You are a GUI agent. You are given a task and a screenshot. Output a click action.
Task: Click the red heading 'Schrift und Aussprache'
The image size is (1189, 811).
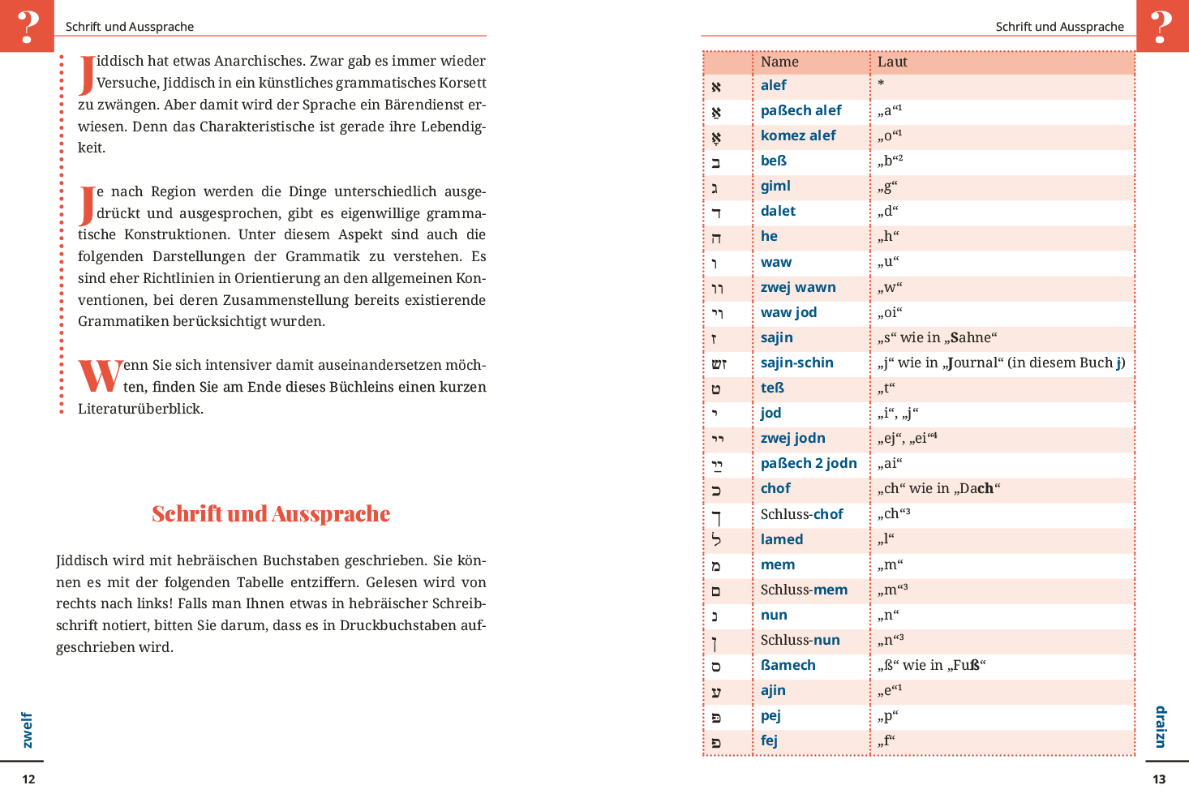point(271,514)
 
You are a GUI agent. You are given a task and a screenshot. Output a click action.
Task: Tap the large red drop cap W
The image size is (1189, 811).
point(100,376)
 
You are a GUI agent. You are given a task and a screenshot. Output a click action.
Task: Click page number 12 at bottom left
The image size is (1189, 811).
point(28,779)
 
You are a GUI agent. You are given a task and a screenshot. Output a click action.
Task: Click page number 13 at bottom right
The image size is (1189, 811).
point(1159,779)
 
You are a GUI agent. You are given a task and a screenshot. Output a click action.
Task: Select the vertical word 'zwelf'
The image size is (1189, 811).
point(28,730)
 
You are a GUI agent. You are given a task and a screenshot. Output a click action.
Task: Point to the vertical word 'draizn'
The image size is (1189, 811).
point(1161,727)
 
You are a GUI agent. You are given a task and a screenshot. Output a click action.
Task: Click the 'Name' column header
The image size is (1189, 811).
point(779,62)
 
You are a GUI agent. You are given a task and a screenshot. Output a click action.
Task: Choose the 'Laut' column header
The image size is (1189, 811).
point(892,62)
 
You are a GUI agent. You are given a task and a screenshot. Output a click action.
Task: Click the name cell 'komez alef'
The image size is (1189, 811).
point(798,135)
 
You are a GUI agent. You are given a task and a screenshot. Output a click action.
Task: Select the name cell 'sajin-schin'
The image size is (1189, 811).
point(796,363)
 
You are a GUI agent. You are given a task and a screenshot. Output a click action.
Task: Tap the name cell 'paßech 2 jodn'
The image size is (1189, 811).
point(809,463)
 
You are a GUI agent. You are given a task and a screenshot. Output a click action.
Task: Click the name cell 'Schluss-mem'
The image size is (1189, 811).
point(804,590)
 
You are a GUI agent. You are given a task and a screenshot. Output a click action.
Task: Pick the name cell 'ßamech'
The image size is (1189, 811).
point(788,665)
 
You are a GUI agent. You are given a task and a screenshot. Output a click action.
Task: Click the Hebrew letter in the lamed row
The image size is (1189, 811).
point(716,539)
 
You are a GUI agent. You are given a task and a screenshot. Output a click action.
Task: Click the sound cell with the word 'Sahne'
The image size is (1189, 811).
point(937,338)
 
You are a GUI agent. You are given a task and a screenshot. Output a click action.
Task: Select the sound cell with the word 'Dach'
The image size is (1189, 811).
point(938,489)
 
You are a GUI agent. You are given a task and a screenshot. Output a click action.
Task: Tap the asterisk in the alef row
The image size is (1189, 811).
point(881,84)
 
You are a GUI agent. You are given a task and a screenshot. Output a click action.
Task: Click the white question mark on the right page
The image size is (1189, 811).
point(1161,26)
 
